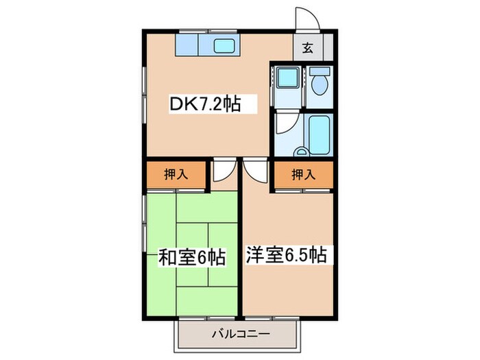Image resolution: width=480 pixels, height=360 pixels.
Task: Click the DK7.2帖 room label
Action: pos(204,105)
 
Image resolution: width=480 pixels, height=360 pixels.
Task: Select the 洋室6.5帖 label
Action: pos(285,256)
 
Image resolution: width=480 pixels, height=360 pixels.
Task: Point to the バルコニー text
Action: pos(241,335)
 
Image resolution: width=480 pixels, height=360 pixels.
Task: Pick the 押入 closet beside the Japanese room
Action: pos(174,175)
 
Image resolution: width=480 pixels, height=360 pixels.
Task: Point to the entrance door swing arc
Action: pos(305,19)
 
